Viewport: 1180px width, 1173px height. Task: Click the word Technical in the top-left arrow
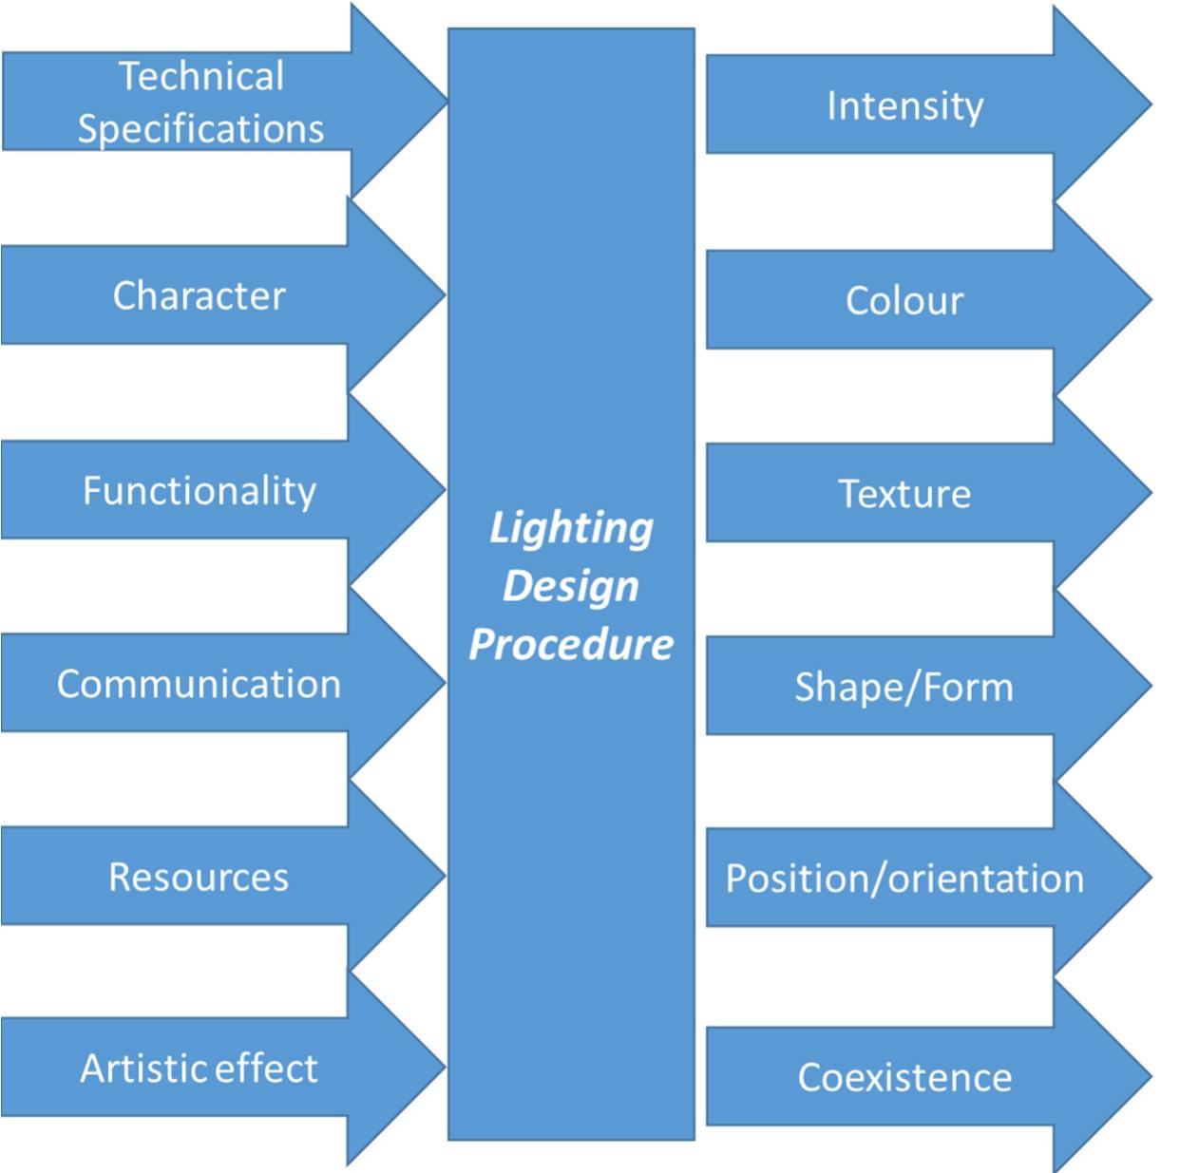(200, 76)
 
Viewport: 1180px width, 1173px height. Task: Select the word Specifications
(200, 129)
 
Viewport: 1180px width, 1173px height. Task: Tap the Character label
(199, 295)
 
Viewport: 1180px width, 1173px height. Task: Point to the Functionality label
(199, 491)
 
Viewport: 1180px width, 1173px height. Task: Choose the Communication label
(199, 684)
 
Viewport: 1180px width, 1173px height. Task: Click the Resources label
(199, 877)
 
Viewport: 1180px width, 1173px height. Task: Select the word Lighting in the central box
(571, 528)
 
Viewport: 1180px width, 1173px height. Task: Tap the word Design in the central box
(571, 586)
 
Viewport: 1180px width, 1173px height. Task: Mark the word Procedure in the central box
(571, 645)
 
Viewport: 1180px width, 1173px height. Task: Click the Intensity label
(904, 105)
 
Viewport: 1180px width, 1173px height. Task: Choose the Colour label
(904, 300)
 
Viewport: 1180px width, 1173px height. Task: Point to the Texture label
(904, 494)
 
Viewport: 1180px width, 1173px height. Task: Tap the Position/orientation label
(904, 879)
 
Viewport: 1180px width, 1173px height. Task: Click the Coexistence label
(904, 1077)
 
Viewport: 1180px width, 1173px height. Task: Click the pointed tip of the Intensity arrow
(1147, 104)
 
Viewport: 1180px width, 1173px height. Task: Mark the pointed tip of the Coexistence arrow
(1147, 1076)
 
